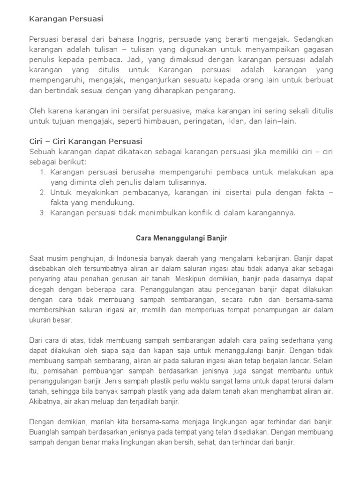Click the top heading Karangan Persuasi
coord(66,19)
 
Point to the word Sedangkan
coord(315,39)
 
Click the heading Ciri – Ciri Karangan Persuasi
coord(86,141)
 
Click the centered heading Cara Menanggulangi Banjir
coord(181,238)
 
